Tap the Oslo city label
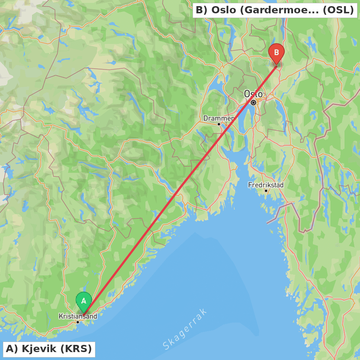[x=253, y=94]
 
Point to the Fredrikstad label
[x=266, y=185]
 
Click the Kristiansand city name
[x=78, y=316]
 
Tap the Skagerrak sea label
[x=185, y=329]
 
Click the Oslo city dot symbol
[x=253, y=103]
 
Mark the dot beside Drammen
[x=219, y=124]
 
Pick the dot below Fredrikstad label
[x=266, y=191]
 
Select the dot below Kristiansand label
[x=77, y=322]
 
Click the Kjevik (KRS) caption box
[x=49, y=349]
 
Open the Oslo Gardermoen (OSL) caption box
[x=275, y=10]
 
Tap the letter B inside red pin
[x=276, y=53]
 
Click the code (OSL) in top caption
[x=338, y=10]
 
